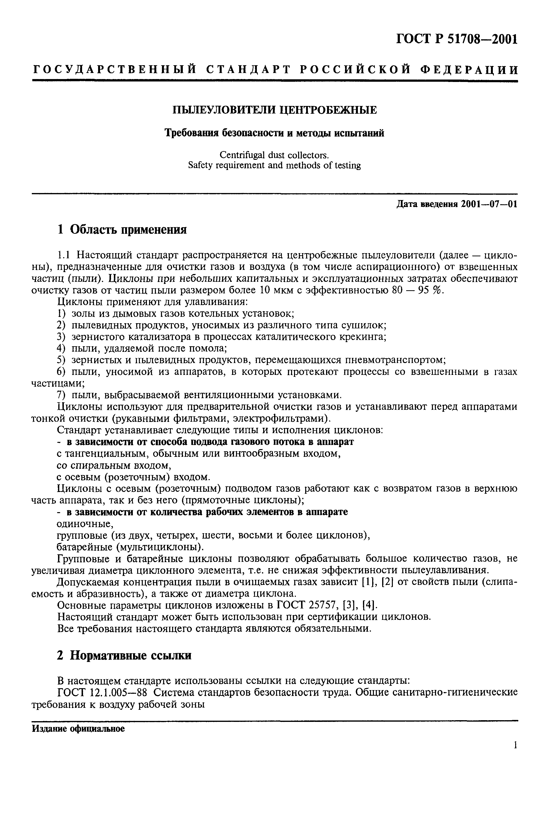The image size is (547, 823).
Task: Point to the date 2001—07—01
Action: coord(488,204)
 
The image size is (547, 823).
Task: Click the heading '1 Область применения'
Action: coord(122,230)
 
